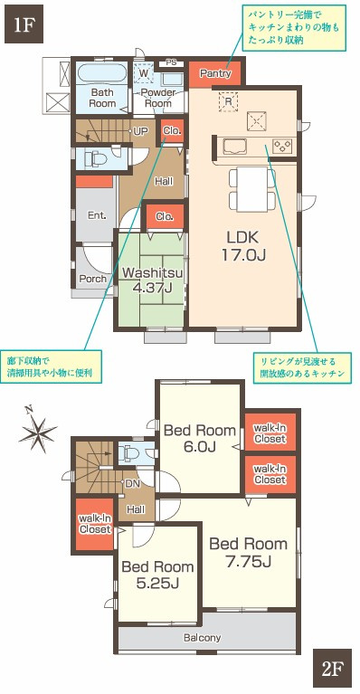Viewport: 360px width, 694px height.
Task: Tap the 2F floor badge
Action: [x=332, y=670]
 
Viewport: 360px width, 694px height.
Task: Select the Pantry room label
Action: [x=214, y=73]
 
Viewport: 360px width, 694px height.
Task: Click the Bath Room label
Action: [x=101, y=98]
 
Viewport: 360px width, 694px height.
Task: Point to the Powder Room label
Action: [x=157, y=98]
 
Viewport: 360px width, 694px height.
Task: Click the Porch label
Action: [x=91, y=279]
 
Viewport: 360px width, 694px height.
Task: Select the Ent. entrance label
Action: [x=96, y=215]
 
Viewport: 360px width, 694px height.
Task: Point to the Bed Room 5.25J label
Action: [x=157, y=574]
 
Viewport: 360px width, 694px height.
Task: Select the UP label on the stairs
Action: [x=140, y=131]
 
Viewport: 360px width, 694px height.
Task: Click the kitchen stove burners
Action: [x=282, y=145]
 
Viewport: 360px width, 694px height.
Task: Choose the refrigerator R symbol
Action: [x=228, y=101]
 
